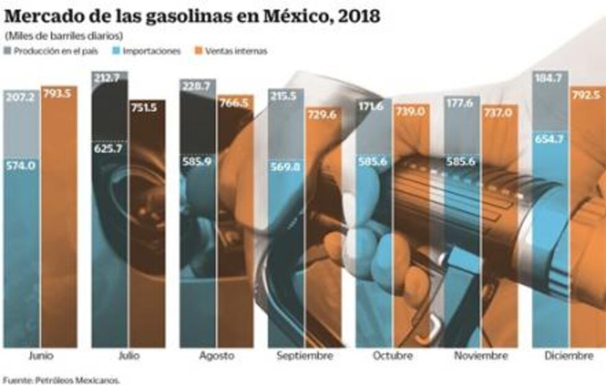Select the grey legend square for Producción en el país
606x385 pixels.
click(8, 51)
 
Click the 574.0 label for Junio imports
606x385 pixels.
click(21, 166)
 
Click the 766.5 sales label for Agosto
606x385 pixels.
click(234, 104)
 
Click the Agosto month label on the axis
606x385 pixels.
click(216, 356)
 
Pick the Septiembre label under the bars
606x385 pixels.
click(305, 356)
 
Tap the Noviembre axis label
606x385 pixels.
click(481, 356)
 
